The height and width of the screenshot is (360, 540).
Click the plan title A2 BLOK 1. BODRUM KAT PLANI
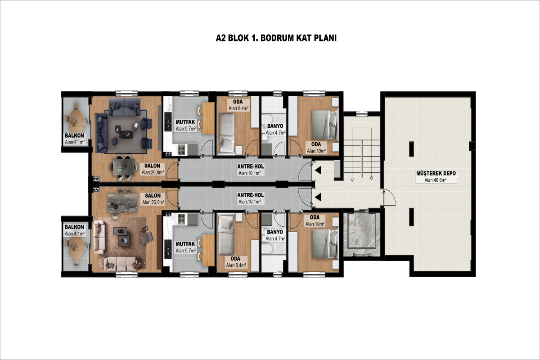(x=276, y=38)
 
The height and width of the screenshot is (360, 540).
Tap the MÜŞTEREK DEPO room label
(x=436, y=173)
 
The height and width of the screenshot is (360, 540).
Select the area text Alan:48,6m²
(x=436, y=180)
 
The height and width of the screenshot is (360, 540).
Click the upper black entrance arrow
(x=318, y=170)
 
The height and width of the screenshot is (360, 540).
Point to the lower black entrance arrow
(x=318, y=197)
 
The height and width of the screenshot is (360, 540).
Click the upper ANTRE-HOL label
(x=251, y=166)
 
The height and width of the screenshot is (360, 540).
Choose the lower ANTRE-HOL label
(x=251, y=195)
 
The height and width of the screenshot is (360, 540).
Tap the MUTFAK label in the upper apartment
(x=185, y=122)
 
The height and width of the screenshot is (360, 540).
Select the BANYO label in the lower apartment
(x=275, y=232)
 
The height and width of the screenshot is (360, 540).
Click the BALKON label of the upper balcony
(x=74, y=135)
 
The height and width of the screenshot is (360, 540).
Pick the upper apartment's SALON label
(x=152, y=166)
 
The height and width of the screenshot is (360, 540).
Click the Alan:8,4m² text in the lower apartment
(x=236, y=265)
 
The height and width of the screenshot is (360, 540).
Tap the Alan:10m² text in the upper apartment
(x=316, y=151)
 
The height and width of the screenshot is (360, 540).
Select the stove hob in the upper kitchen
(x=182, y=149)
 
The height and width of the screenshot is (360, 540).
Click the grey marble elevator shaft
(x=362, y=234)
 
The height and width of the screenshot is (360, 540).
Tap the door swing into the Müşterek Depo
(x=389, y=197)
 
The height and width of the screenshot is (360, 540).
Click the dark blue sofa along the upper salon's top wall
(x=124, y=107)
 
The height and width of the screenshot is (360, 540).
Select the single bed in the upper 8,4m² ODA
(x=227, y=134)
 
